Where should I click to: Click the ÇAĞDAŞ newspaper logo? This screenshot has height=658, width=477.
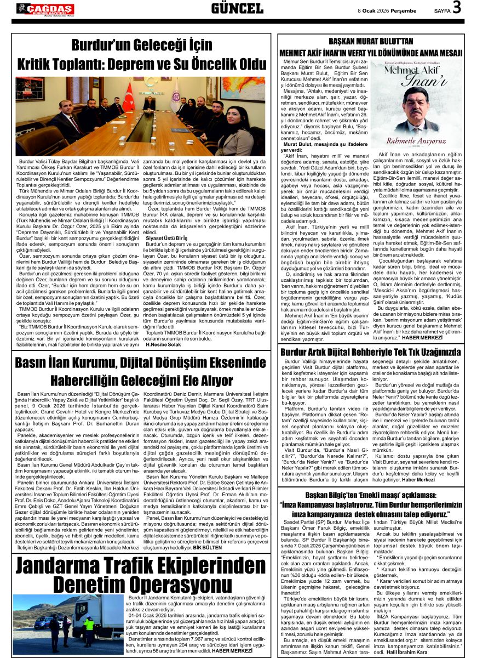pos(45,8)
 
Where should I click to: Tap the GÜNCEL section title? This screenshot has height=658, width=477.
pos(237,8)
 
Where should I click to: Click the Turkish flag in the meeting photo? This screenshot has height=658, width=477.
pos(128,95)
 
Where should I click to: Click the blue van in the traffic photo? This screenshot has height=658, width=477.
pos(44,622)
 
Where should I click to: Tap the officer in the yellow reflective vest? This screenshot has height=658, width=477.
pos(89,630)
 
